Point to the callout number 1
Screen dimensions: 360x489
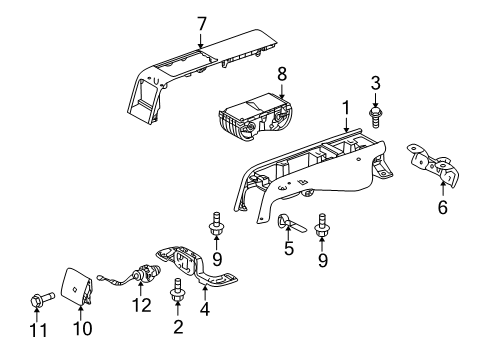(346, 107)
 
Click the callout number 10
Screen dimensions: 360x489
(82, 328)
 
